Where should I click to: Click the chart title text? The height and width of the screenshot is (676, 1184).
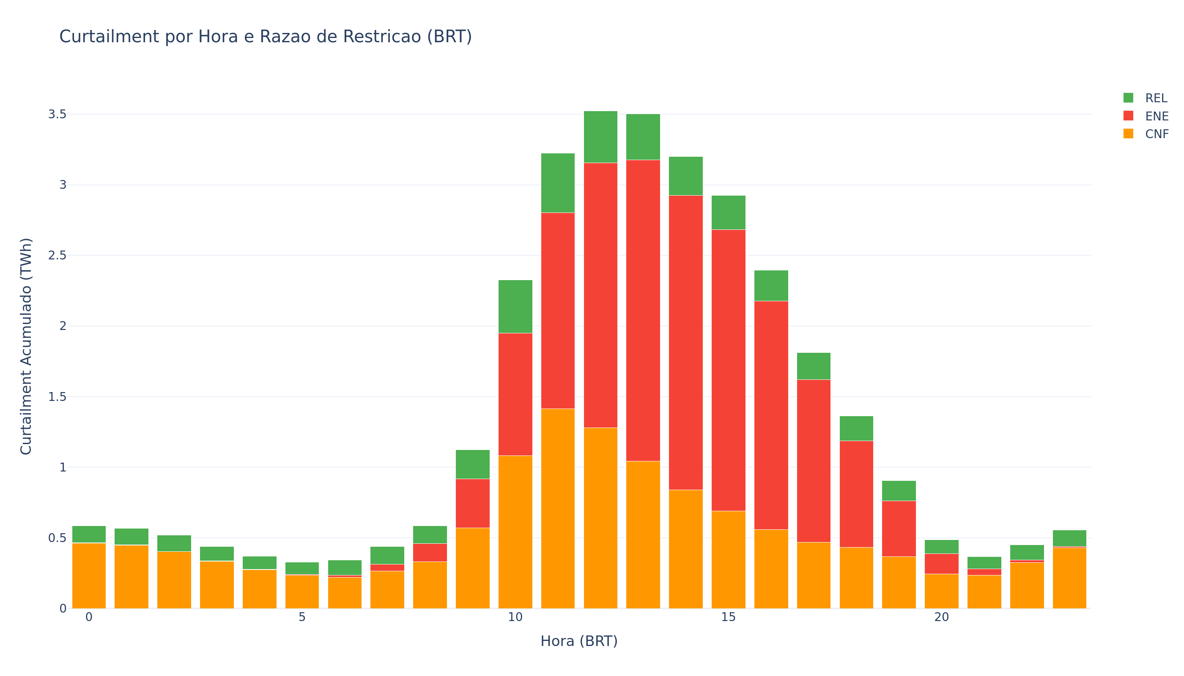point(265,37)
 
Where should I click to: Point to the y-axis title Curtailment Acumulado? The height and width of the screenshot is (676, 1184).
point(26,346)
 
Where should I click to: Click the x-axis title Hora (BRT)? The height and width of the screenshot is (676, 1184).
point(578,641)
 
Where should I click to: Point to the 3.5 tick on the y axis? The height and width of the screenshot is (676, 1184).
point(57,114)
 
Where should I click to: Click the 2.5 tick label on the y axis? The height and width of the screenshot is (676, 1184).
point(57,255)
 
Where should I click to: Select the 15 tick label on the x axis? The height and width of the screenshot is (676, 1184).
point(728,618)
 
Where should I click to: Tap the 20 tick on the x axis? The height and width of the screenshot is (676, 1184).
point(941,618)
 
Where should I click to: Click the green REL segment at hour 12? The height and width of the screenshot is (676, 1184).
point(600,137)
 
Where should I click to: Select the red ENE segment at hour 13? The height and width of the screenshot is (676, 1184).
point(643,310)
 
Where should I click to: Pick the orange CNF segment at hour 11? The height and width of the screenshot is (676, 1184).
point(558,508)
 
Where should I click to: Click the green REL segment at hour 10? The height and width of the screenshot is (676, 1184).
point(515,306)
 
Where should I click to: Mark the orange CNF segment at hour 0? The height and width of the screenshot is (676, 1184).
point(89,576)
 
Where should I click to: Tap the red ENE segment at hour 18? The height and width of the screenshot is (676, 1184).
point(856,494)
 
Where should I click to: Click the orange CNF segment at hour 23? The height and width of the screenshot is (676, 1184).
point(1069,578)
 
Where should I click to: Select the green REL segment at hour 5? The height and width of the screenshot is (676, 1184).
point(302,568)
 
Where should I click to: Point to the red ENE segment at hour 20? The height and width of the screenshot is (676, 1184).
point(941,564)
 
